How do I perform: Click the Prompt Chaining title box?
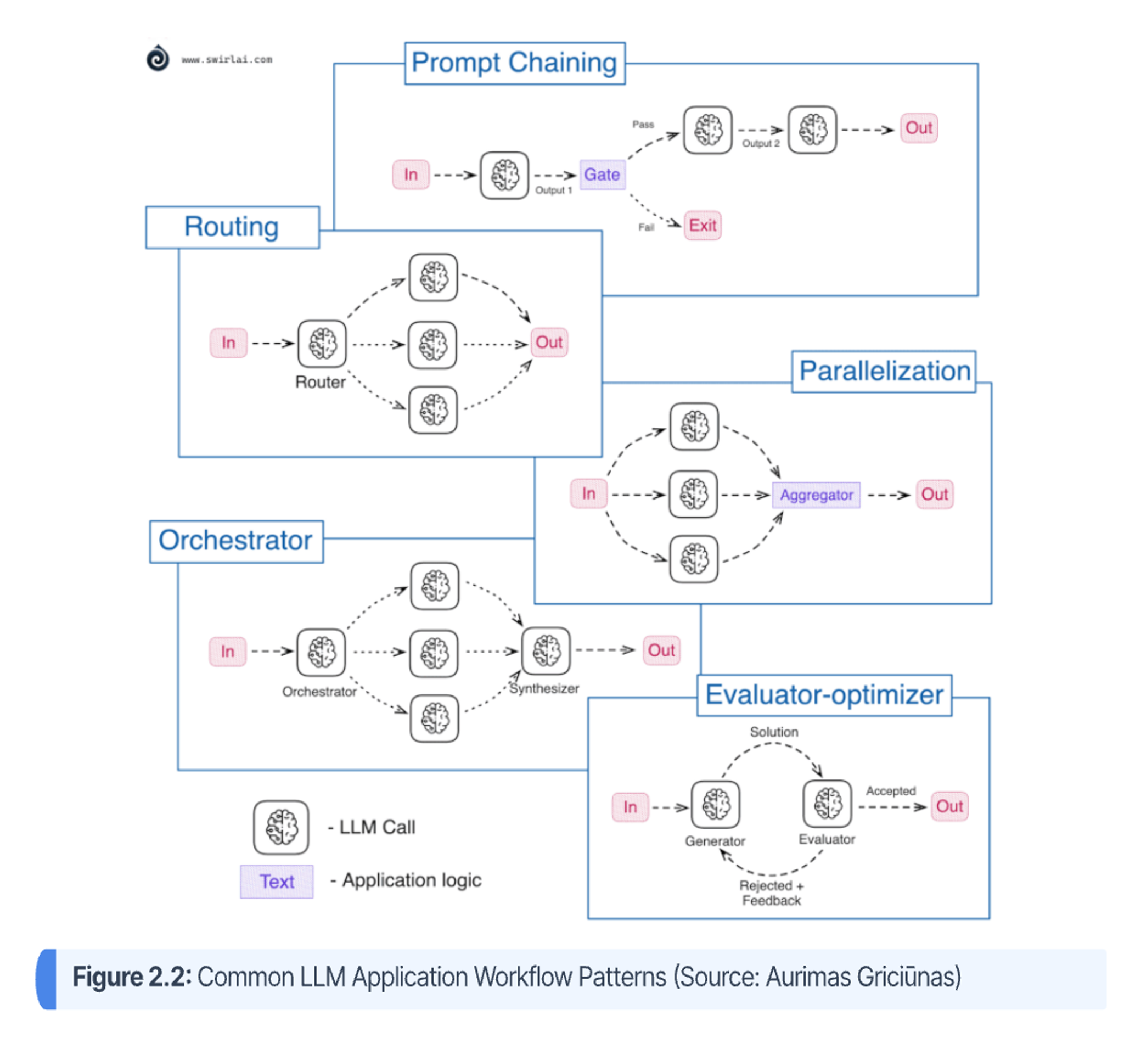514,63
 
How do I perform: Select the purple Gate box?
602,175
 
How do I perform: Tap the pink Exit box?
702,226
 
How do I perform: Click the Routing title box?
232,227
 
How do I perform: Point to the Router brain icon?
322,344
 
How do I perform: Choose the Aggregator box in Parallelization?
816,495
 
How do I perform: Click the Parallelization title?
884,372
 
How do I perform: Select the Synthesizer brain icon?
546,652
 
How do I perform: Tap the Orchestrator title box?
236,541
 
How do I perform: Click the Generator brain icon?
715,805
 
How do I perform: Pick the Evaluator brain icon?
827,804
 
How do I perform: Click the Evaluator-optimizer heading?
824,695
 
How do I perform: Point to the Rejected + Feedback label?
771,893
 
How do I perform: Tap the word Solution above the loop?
774,732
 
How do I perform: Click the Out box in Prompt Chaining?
919,128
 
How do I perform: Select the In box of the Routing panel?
228,343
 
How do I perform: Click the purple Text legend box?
277,882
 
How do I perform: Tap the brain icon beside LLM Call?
281,828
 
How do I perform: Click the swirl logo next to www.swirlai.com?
158,58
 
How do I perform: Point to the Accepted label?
891,791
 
